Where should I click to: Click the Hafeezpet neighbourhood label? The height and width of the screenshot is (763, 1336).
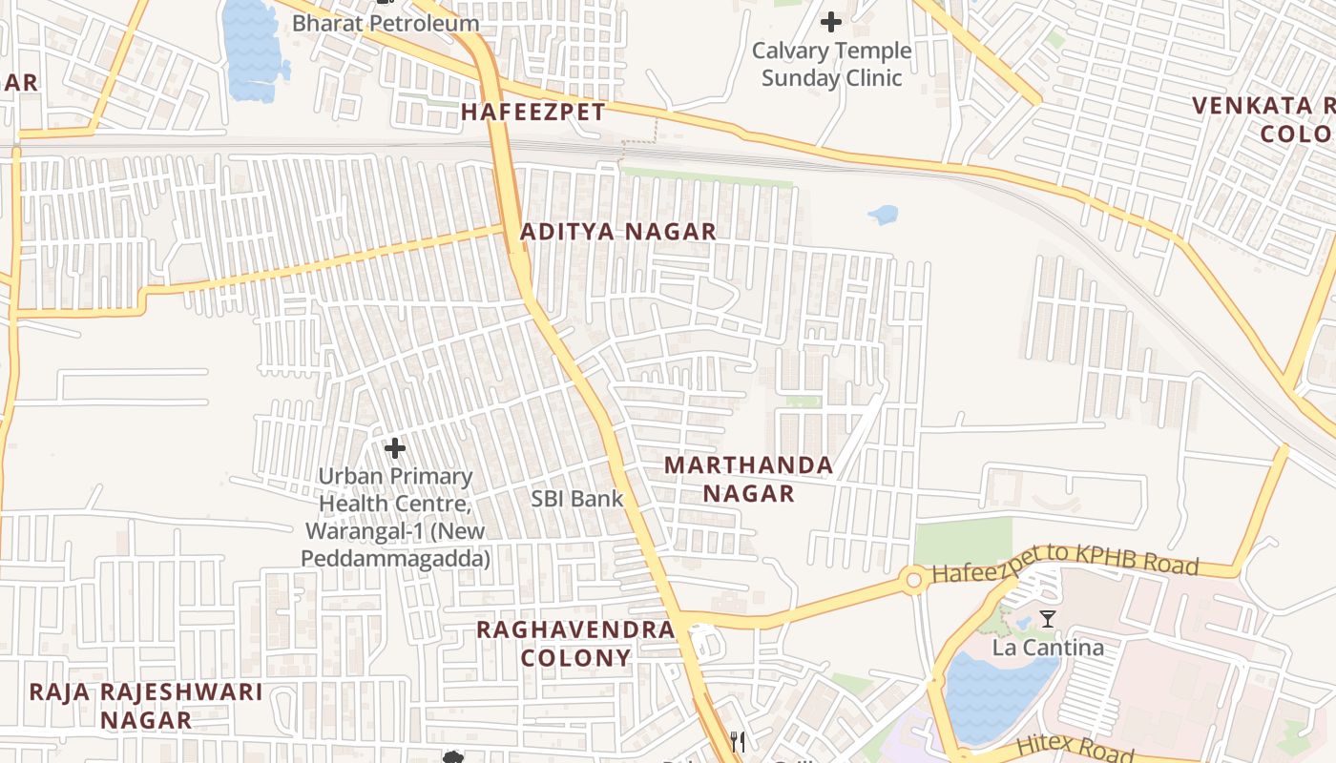click(532, 113)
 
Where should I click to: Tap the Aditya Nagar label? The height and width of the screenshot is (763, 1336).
click(617, 232)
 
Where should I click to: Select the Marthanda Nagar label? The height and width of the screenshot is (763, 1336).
click(748, 479)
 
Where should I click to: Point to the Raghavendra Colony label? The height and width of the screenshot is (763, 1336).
click(575, 644)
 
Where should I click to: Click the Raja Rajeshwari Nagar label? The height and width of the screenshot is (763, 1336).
click(146, 705)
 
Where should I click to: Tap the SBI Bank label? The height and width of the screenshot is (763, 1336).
click(577, 498)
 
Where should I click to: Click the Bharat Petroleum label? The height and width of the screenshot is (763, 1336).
click(386, 23)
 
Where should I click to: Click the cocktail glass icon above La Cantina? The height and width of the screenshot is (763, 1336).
click(1048, 619)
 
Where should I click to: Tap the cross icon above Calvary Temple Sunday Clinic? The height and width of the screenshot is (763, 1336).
click(831, 21)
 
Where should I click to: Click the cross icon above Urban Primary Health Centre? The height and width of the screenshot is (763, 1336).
click(394, 447)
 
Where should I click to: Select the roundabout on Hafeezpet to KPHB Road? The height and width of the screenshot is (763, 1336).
click(914, 578)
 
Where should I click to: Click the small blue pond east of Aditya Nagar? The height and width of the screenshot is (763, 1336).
click(884, 215)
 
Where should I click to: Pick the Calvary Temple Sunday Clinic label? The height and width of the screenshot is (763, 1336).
click(831, 64)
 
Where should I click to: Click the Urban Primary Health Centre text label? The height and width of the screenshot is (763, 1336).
click(395, 516)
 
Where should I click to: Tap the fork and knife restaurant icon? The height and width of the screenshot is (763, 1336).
click(737, 741)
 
